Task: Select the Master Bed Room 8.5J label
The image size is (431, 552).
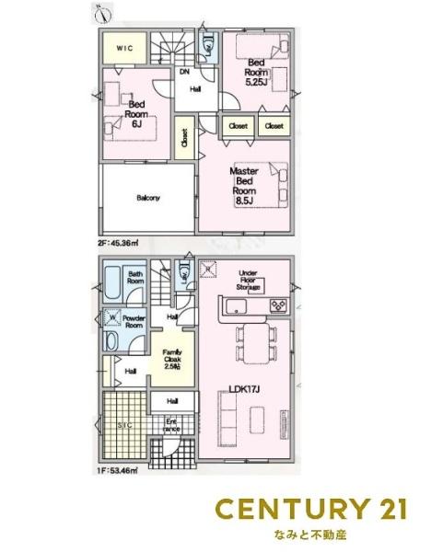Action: pos(244,184)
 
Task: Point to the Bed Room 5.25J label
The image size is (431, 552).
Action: pos(256,72)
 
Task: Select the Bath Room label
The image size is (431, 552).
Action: pos(135,278)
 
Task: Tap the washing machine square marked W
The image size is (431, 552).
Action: pos(111,320)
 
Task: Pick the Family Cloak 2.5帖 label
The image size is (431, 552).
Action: pos(171,358)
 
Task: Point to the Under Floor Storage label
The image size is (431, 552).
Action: pos(248,280)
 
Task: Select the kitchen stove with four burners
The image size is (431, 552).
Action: pos(276,305)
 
